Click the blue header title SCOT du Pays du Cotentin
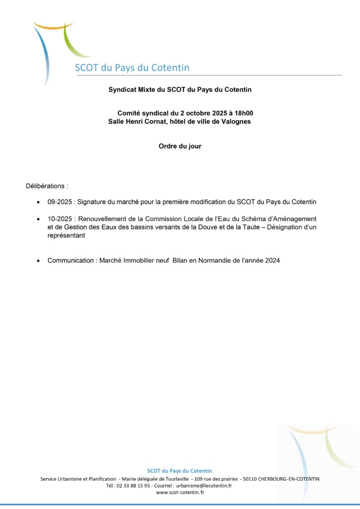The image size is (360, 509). click(x=132, y=68)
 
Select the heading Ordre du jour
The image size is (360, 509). click(x=180, y=147)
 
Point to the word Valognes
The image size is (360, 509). click(x=234, y=121)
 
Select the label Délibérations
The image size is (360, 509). click(x=47, y=186)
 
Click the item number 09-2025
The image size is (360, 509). click(x=60, y=202)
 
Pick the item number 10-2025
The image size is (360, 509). click(x=60, y=219)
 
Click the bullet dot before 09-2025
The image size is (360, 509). click(x=39, y=203)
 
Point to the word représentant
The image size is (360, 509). click(x=66, y=236)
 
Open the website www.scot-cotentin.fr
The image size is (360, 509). click(x=180, y=492)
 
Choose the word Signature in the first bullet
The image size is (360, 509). click(x=93, y=202)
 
